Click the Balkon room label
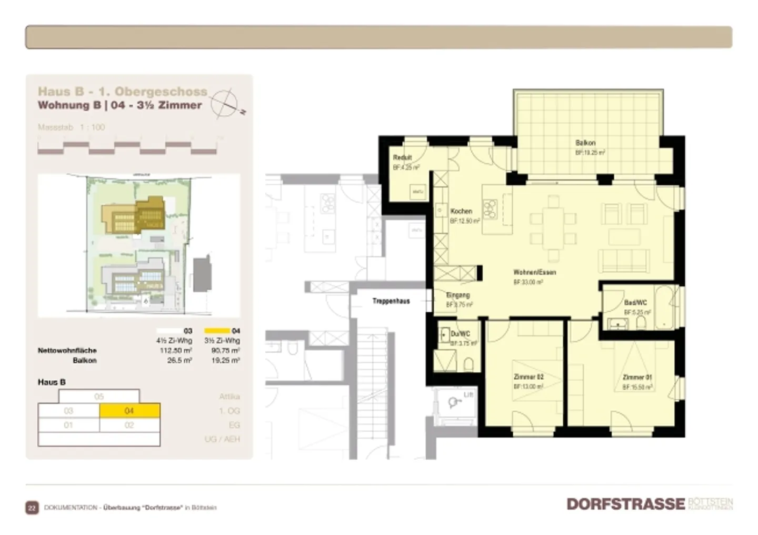(585, 143)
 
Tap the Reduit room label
(402, 157)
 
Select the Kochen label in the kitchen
(461, 211)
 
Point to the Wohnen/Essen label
(534, 272)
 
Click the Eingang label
(457, 295)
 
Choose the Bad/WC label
(635, 303)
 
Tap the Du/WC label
(460, 334)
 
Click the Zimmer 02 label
(528, 377)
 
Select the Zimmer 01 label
(637, 377)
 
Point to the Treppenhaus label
(391, 301)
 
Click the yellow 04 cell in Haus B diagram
(129, 411)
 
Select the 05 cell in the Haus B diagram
(99, 397)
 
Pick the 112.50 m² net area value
(176, 351)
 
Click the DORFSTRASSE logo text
(625, 504)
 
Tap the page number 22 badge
(32, 508)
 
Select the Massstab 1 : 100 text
(71, 127)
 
